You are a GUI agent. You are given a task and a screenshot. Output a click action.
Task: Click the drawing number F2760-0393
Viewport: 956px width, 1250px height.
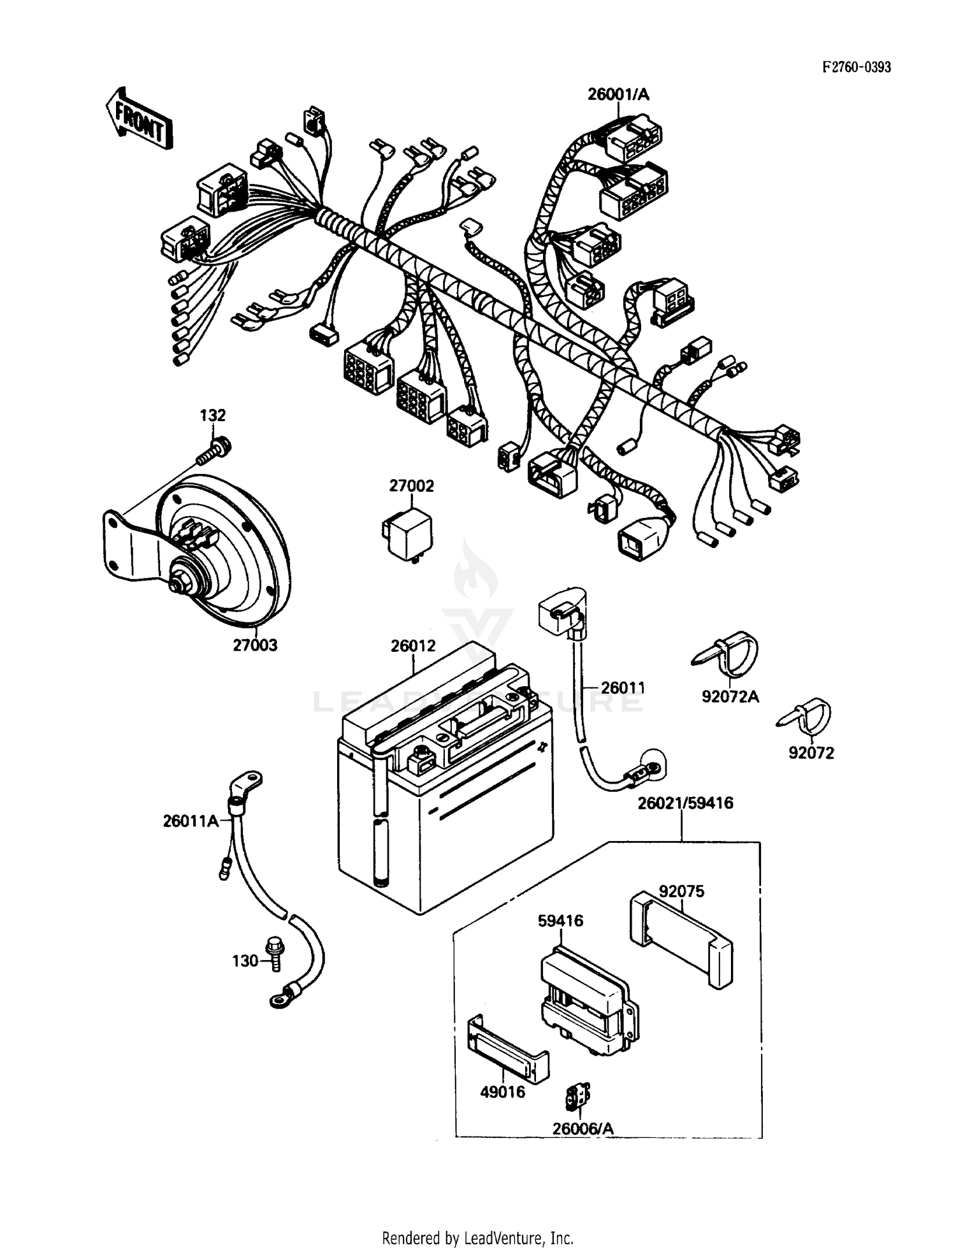[x=856, y=67]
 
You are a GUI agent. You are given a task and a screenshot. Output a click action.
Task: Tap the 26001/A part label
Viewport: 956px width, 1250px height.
[x=618, y=95]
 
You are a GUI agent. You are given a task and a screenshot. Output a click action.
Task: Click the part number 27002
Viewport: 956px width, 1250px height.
[x=411, y=486]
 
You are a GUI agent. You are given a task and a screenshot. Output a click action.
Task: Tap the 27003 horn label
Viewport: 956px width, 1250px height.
[x=255, y=645]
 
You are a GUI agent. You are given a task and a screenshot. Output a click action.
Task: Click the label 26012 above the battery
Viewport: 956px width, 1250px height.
[x=413, y=646]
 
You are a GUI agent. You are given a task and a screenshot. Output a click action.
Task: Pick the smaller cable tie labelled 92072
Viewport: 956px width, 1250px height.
[x=808, y=717]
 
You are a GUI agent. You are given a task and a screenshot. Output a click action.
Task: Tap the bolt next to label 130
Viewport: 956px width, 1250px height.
[x=276, y=956]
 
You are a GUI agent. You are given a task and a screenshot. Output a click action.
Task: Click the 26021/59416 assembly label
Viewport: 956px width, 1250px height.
[x=685, y=803]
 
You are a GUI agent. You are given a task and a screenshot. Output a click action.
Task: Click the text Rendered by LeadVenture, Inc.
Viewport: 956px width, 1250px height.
[x=477, y=1238]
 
